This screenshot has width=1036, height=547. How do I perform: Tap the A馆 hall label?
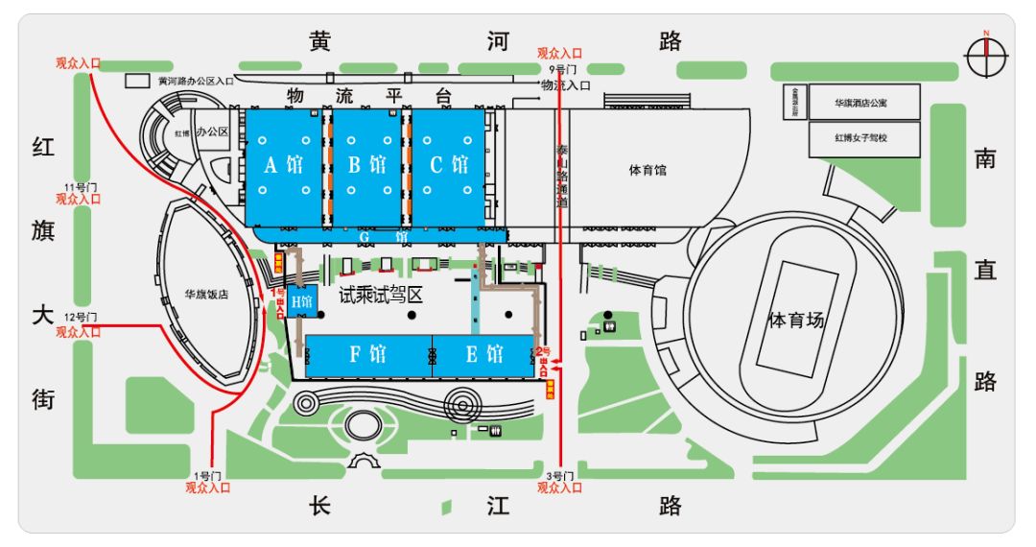(x=284, y=165)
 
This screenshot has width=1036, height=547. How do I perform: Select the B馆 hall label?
(x=367, y=165)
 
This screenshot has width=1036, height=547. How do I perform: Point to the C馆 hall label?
(x=449, y=165)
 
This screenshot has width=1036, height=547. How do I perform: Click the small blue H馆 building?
(x=302, y=302)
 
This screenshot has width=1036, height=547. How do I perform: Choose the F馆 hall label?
(x=367, y=354)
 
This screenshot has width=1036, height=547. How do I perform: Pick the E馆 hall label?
(x=484, y=354)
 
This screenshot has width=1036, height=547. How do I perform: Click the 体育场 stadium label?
(x=796, y=320)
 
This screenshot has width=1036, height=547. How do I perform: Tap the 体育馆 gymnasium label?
(x=647, y=171)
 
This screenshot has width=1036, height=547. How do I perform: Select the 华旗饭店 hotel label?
(x=206, y=296)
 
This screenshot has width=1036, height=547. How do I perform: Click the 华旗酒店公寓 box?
(x=863, y=101)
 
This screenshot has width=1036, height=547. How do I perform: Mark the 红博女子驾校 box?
(x=863, y=137)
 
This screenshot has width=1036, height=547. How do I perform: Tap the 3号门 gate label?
(x=558, y=476)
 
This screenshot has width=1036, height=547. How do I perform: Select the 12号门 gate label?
(x=82, y=318)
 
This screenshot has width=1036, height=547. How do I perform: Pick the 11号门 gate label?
(x=82, y=186)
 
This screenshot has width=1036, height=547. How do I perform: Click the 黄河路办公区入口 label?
(x=197, y=82)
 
